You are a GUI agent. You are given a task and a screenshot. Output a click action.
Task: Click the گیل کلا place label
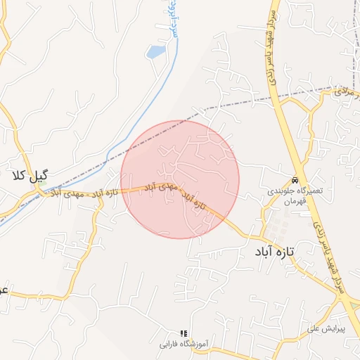pos(29,175)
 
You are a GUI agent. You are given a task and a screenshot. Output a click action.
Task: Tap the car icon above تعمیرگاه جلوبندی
pos(295,179)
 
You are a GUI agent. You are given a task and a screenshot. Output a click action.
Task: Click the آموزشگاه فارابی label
pos(184,345)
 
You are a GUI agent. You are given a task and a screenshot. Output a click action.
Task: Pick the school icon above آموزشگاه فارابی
pos(184,333)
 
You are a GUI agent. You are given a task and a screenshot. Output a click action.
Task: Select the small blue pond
pos(155,51)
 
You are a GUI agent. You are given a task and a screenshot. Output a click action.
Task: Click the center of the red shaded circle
pos(181,179)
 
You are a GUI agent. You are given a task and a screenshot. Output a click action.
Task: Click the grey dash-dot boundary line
pos(232,106)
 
